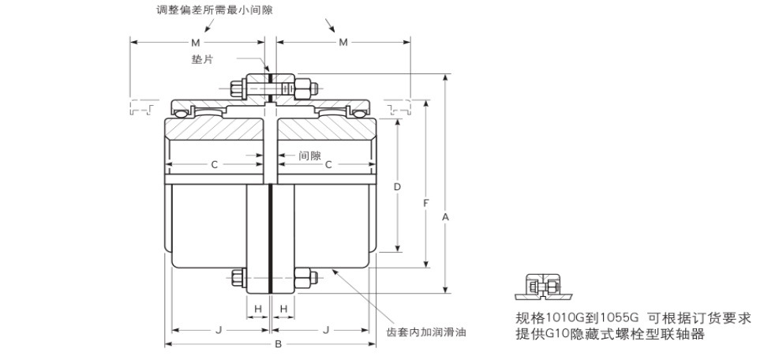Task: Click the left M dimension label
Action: click(194, 42)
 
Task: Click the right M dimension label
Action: click(343, 42)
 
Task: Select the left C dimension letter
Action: click(214, 164)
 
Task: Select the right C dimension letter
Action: click(328, 164)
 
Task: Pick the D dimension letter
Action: click(398, 187)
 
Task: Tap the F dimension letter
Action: click(426, 204)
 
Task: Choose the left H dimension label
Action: click(257, 308)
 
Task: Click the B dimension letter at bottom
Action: click(277, 344)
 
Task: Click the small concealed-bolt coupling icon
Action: click(542, 287)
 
